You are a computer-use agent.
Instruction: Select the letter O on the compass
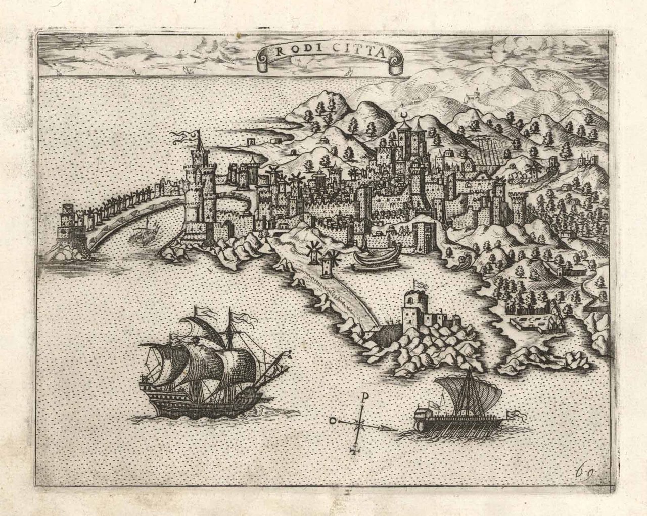coord(332,420)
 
